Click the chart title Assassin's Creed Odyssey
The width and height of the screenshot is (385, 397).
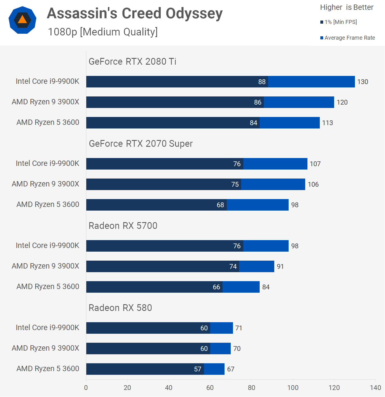135,13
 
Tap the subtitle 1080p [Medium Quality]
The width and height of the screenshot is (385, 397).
103,32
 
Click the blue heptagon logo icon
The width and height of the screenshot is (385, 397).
22,20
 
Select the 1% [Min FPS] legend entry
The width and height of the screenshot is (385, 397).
339,22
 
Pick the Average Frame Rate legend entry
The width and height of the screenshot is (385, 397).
348,38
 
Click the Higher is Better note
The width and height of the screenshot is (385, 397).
346,7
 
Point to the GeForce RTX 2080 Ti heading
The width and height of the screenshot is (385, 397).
132,62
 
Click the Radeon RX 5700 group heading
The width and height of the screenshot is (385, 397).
123,226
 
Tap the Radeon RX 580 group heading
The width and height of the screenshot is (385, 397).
120,308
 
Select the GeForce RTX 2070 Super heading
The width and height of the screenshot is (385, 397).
141,144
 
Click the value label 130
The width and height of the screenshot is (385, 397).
363,82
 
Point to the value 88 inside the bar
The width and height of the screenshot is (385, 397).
262,82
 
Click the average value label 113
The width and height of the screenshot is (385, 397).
327,123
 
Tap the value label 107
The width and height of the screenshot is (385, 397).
315,164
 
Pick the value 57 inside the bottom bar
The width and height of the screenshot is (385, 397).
198,369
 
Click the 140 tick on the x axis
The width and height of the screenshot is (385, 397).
375,388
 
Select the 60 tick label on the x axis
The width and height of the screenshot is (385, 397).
210,388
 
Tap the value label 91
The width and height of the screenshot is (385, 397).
280,267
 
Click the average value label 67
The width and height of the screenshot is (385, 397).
231,369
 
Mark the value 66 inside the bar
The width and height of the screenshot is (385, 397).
216,287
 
